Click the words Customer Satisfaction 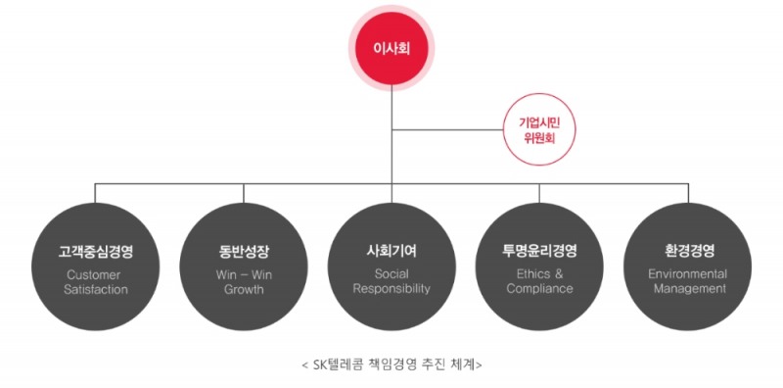tap(96, 281)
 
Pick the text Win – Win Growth tap(243, 281)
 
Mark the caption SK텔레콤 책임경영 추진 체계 tap(391, 364)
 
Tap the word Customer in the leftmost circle tap(96, 273)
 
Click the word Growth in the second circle tap(243, 289)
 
